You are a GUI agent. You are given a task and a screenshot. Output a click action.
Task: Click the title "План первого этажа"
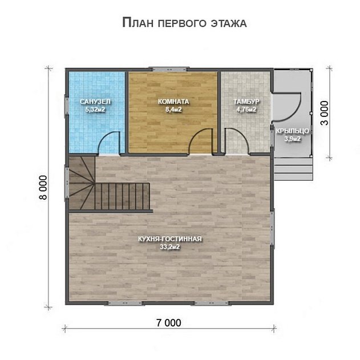coord(184,23)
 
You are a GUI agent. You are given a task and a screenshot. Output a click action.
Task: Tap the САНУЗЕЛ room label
coord(95,102)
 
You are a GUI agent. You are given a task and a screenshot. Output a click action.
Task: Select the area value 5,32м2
coord(95,110)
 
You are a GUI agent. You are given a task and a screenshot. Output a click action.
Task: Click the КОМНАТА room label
coord(173,102)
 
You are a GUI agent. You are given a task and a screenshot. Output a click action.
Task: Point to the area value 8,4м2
coord(173,110)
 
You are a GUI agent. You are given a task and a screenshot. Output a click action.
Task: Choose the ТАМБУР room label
coord(246,102)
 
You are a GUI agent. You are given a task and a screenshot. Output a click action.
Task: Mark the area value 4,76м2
coord(246,110)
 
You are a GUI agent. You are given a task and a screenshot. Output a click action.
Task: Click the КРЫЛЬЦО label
coord(292,131)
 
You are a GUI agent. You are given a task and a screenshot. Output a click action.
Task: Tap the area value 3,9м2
coord(292,139)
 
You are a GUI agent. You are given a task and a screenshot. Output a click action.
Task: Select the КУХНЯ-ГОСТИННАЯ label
coord(170,239)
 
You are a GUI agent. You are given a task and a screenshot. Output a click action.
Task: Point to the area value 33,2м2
coord(170,247)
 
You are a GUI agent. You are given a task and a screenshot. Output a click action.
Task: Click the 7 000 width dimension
coord(169,323)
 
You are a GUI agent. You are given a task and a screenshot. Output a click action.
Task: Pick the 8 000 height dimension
coord(43,188)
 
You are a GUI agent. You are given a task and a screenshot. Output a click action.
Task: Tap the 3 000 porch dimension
coord(325,113)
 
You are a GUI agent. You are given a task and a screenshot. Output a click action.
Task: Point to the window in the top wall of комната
coord(169,69)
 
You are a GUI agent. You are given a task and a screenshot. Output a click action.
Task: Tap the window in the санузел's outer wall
coord(67,105)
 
